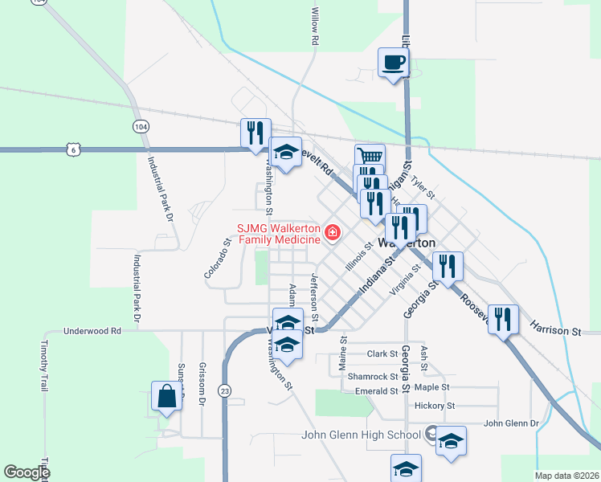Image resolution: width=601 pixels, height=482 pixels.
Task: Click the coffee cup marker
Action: point(393,63)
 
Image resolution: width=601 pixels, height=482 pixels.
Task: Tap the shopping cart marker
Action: point(370,157)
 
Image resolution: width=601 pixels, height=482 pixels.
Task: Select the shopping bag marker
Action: point(166,397)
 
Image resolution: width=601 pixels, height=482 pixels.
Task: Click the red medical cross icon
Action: point(331,234)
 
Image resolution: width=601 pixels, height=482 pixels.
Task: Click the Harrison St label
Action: point(555,328)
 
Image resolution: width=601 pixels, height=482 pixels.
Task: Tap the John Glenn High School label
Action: point(361,435)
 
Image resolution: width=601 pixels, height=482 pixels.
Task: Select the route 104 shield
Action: point(141,127)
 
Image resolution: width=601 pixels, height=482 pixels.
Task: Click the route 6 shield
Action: point(75,149)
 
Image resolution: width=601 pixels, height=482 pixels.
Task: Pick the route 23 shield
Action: point(225,390)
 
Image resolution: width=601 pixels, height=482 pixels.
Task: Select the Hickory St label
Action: point(435,406)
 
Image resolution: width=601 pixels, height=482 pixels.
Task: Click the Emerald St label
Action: point(377,391)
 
